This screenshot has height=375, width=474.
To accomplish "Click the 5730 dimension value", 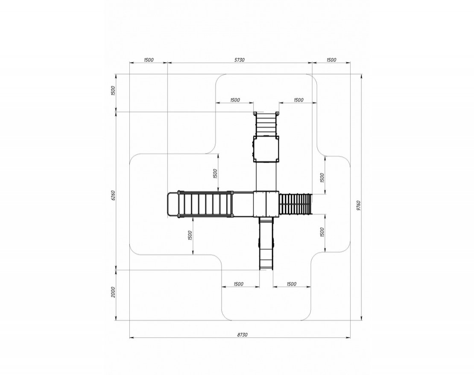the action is pyautogui.click(x=240, y=60).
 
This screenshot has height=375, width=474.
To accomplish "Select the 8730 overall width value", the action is pyautogui.click(x=242, y=334).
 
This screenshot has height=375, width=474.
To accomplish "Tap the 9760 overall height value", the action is pyautogui.click(x=358, y=205).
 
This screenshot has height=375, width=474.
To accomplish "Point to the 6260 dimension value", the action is pyautogui.click(x=113, y=195).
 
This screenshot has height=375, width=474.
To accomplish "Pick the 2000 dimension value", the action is pyautogui.click(x=113, y=292).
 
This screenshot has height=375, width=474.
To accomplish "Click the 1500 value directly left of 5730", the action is pyautogui.click(x=149, y=60).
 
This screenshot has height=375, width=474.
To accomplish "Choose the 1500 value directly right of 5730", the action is pyautogui.click(x=331, y=60).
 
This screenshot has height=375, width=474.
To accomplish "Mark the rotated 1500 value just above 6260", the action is pyautogui.click(x=113, y=90).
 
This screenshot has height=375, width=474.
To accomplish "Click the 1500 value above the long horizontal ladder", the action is pyautogui.click(x=215, y=173).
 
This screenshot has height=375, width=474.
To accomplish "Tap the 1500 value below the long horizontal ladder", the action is pyautogui.click(x=190, y=235).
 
